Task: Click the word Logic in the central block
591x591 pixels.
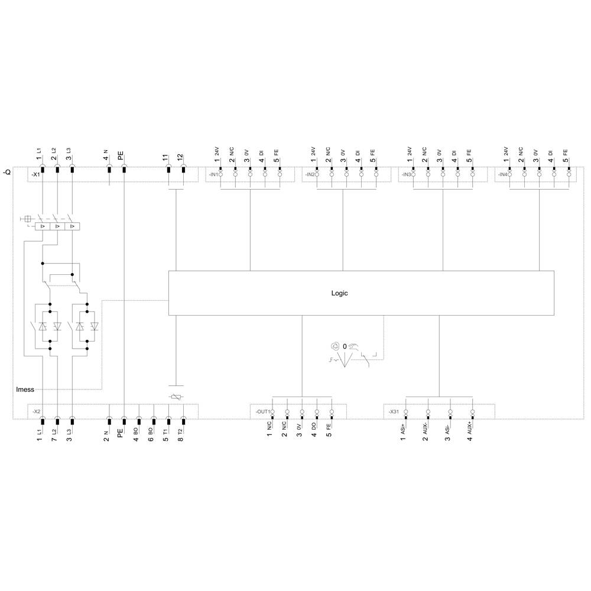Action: [x=339, y=293]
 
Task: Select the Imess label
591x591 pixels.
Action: [x=25, y=389]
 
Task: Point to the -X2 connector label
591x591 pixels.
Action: [x=35, y=411]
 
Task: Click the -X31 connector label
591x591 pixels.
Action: [x=394, y=411]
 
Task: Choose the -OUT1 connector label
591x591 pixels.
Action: [x=262, y=411]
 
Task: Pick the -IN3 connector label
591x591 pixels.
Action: [x=405, y=175]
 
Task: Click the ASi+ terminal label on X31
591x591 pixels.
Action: [x=404, y=427]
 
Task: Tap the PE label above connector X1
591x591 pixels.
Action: [x=121, y=156]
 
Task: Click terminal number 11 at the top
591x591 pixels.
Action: [x=165, y=158]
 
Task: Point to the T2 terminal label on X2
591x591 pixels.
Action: [x=181, y=431]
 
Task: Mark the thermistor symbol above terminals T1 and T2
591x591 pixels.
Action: [x=176, y=398]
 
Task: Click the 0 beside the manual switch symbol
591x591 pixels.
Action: [x=344, y=346]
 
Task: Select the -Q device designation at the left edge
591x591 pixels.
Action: [x=7, y=172]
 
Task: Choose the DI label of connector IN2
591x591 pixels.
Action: [x=358, y=152]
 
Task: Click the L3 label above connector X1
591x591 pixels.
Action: [x=69, y=151]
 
